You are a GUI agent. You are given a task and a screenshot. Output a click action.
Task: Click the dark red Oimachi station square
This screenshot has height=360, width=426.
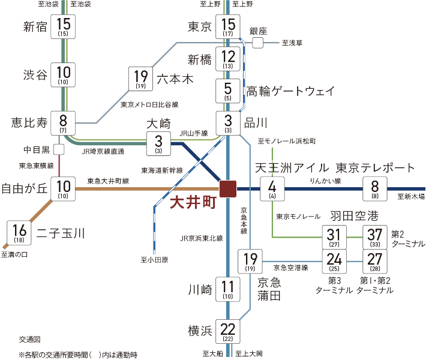pos(228,188)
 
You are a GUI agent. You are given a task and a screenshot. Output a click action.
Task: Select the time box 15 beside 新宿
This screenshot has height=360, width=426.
pos(63,27)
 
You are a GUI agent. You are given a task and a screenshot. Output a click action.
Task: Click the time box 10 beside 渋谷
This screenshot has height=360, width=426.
pos(63,74)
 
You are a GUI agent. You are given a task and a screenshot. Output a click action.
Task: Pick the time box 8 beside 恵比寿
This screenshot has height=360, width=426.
pos(63,122)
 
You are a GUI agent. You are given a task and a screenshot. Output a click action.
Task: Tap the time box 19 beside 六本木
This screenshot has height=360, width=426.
pos(141,79)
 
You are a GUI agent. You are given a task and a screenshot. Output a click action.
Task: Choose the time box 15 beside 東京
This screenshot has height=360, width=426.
pos(228,27)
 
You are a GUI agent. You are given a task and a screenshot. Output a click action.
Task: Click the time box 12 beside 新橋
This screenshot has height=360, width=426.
pos(228,59)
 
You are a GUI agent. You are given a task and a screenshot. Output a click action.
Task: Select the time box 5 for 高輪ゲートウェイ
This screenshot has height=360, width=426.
pos(228,91)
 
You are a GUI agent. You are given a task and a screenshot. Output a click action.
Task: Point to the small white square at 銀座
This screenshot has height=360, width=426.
pos(258,43)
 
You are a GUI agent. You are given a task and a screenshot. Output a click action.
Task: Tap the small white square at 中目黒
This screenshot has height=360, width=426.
pos(59,149)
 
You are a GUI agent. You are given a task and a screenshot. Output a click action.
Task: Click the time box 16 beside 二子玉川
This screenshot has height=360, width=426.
pos(19,232)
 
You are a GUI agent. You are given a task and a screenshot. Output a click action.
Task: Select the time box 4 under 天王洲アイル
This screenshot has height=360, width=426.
pos(272,188)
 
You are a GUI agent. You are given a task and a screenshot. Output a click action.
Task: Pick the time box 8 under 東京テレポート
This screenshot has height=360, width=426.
pos(375,188)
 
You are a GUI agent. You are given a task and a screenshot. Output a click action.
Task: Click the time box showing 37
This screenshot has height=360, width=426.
pos(375,238)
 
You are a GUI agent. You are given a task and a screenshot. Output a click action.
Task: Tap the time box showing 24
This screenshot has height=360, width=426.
pos(334,262)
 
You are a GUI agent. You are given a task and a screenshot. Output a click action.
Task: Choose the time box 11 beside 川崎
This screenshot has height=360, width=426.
pos(228,289)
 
